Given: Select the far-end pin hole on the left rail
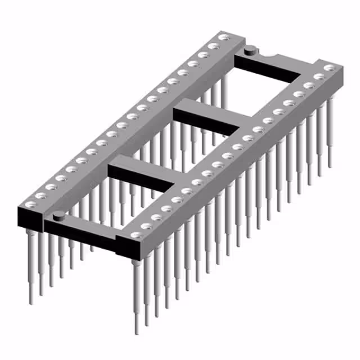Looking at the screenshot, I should pyautogui.click(x=224, y=38).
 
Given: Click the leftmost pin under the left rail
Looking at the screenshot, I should pyautogui.click(x=29, y=264).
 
